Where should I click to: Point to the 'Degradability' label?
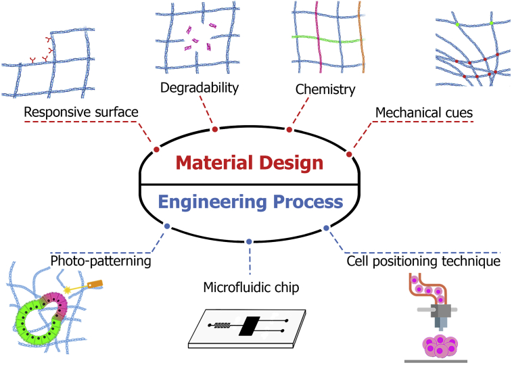click(x=200, y=88)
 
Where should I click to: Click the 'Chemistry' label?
click(x=325, y=89)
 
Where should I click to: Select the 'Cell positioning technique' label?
click(x=423, y=260)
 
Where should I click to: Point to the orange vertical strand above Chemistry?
click(x=364, y=41)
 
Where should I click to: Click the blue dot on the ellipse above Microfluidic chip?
click(x=250, y=241)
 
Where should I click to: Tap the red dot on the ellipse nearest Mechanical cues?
click(x=349, y=154)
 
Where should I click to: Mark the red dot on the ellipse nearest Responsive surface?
click(x=156, y=149)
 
